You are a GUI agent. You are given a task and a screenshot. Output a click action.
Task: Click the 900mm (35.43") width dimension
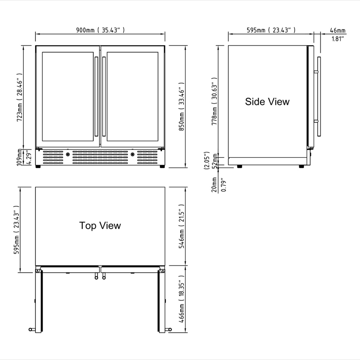100,30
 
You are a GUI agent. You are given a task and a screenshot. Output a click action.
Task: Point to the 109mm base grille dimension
20,157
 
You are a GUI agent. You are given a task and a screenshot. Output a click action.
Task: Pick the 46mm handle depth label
337,30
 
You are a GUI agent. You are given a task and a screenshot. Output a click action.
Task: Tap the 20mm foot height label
214,184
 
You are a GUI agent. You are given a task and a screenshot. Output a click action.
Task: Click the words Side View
267,101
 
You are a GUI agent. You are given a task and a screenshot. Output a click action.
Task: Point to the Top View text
100,225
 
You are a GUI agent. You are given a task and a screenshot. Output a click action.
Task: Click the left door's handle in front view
96,96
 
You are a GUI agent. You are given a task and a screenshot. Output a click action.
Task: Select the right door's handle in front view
104,96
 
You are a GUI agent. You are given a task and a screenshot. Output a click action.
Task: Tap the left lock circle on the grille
67,154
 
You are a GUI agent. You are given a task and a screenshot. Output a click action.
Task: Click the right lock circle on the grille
132,154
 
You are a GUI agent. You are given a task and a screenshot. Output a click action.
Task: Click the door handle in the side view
319,96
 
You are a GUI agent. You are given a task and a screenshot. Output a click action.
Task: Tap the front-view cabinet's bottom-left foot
38,166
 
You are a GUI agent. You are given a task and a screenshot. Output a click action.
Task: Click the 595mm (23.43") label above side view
271,30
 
